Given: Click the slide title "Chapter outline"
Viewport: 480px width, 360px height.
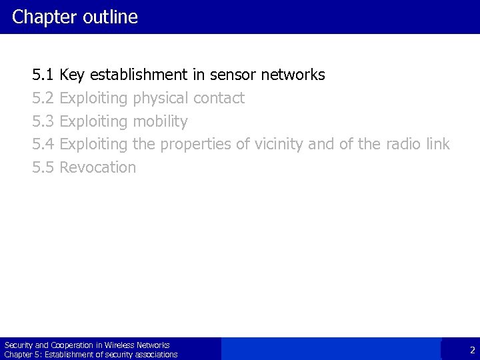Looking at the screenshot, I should pyautogui.click(x=75, y=17).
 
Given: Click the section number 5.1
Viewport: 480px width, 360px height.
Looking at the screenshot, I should pyautogui.click(x=43, y=75).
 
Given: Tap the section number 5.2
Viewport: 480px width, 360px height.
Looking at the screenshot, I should pyautogui.click(x=43, y=98).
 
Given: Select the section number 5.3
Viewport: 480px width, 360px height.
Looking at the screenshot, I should pyautogui.click(x=43, y=121).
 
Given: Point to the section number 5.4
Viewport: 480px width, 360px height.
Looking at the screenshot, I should pyautogui.click(x=43, y=144).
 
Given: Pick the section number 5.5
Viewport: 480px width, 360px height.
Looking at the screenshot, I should pyautogui.click(x=43, y=167).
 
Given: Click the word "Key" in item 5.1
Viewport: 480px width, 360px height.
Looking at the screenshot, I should pyautogui.click(x=72, y=75).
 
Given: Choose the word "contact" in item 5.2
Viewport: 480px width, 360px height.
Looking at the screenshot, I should pyautogui.click(x=219, y=99).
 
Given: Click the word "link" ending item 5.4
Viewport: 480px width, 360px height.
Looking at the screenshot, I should pyautogui.click(x=437, y=144).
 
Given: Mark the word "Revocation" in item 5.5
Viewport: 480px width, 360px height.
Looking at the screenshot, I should pyautogui.click(x=97, y=167).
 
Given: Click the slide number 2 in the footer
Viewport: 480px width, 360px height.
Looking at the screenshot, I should pyautogui.click(x=472, y=350).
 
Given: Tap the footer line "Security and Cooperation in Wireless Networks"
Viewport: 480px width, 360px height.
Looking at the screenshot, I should pyautogui.click(x=87, y=345).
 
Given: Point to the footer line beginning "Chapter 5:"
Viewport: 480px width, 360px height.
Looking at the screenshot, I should pyautogui.click(x=91, y=355).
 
